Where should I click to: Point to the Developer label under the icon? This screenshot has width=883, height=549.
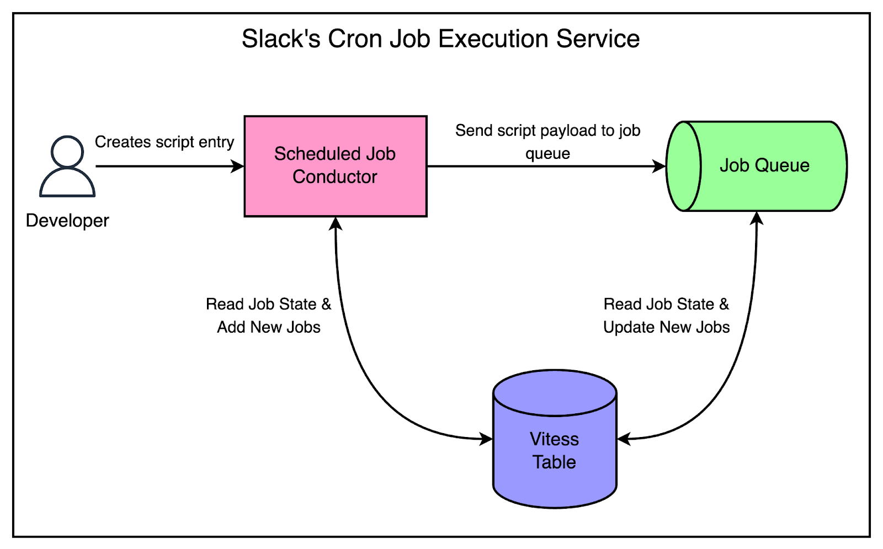(x=67, y=221)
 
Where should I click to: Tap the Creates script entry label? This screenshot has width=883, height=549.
(x=164, y=142)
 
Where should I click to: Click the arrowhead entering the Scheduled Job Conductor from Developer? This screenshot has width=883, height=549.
(x=238, y=166)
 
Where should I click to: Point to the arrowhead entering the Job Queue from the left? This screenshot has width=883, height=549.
(x=659, y=166)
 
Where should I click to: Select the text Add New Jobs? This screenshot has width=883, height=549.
(x=269, y=327)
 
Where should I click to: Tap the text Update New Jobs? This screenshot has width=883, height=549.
(x=666, y=327)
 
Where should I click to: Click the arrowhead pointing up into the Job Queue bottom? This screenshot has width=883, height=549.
(x=757, y=218)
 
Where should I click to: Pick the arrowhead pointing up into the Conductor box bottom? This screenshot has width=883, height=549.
(x=336, y=224)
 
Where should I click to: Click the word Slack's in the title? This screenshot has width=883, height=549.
(x=281, y=39)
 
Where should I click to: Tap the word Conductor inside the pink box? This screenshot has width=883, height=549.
(x=334, y=177)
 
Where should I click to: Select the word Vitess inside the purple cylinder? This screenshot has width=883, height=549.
(x=554, y=439)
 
